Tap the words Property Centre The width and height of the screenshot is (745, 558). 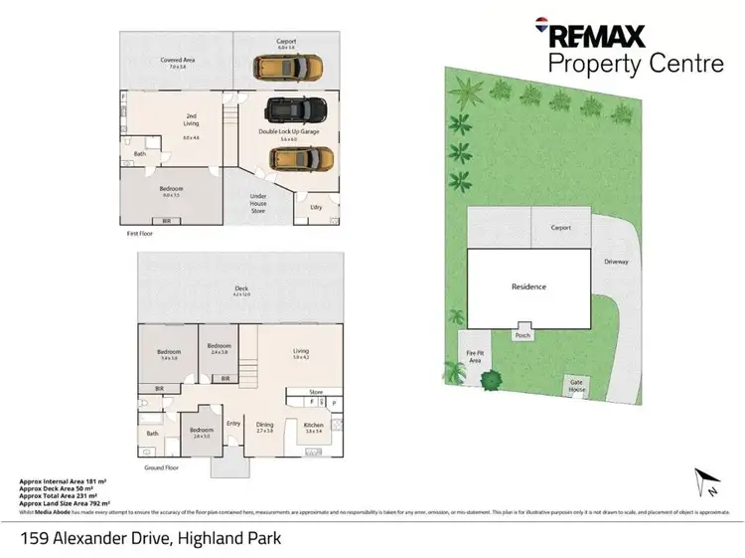(636, 65)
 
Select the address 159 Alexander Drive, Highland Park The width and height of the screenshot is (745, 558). (150, 538)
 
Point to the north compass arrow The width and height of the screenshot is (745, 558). (709, 483)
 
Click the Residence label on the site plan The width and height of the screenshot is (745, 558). (528, 286)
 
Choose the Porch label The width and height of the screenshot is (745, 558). (522, 335)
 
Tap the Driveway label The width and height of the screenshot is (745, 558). (616, 262)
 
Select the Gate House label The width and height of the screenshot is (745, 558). (575, 383)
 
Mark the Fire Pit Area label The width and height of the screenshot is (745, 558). (475, 356)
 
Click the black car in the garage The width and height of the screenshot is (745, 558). (289, 107)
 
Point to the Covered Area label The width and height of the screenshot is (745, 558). (177, 62)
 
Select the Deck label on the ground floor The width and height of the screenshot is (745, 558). (240, 289)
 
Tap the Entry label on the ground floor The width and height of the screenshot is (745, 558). (233, 423)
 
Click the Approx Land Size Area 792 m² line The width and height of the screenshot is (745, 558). (65, 505)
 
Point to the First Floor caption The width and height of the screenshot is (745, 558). (141, 234)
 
